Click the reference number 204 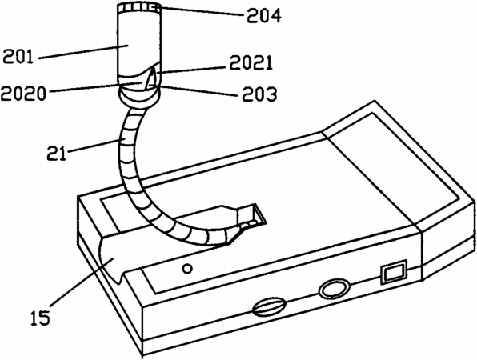(264, 16)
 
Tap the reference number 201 (18, 56)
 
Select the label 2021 (251, 63)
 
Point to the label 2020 (23, 94)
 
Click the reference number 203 (259, 94)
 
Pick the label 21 (57, 154)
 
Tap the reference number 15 (40, 318)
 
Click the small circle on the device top (187, 269)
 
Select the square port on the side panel (394, 271)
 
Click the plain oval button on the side (334, 288)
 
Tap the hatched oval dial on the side (269, 307)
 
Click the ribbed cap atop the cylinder (139, 8)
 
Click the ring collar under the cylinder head (139, 98)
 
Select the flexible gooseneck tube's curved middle (128, 158)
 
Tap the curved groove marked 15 (113, 258)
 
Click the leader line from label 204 (202, 10)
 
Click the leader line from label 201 (83, 52)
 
